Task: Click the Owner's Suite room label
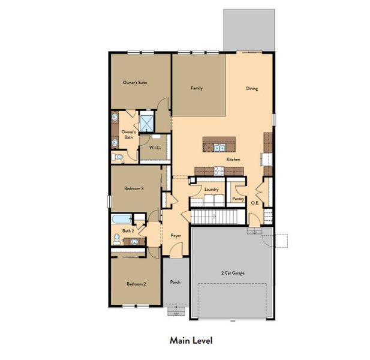(135, 82)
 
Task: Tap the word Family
(197, 88)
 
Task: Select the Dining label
(252, 89)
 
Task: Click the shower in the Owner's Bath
(147, 122)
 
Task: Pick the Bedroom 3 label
(134, 188)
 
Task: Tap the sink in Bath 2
(136, 241)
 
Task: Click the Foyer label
(176, 235)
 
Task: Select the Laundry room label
(210, 188)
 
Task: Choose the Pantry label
(237, 197)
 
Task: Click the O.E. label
(255, 203)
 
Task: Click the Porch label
(175, 282)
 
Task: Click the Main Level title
(190, 340)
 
